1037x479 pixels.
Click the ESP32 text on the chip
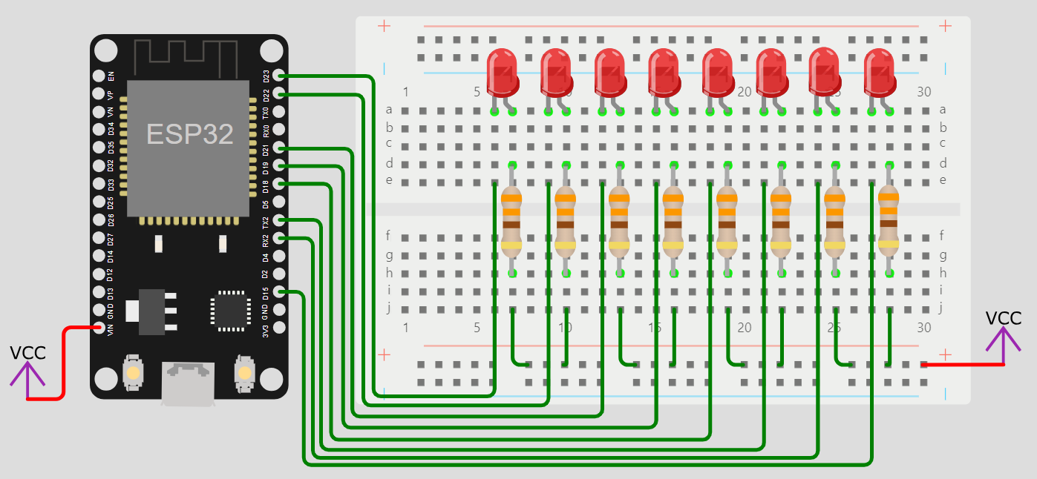pyautogui.click(x=190, y=133)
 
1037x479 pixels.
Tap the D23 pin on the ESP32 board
pyautogui.click(x=278, y=76)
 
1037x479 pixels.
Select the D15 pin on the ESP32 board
pyautogui.click(x=278, y=291)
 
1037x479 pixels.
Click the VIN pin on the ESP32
pyautogui.click(x=99, y=327)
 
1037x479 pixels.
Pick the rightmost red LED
pyautogui.click(x=880, y=70)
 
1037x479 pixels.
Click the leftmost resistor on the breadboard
pyautogui.click(x=511, y=220)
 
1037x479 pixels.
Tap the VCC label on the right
pyautogui.click(x=1004, y=319)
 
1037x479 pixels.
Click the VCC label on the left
pyautogui.click(x=28, y=353)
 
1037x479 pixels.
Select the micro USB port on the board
pyautogui.click(x=189, y=382)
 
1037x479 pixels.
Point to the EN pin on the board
pyautogui.click(x=99, y=76)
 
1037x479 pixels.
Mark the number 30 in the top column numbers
pyautogui.click(x=923, y=92)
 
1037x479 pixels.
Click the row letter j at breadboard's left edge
pyautogui.click(x=388, y=308)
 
